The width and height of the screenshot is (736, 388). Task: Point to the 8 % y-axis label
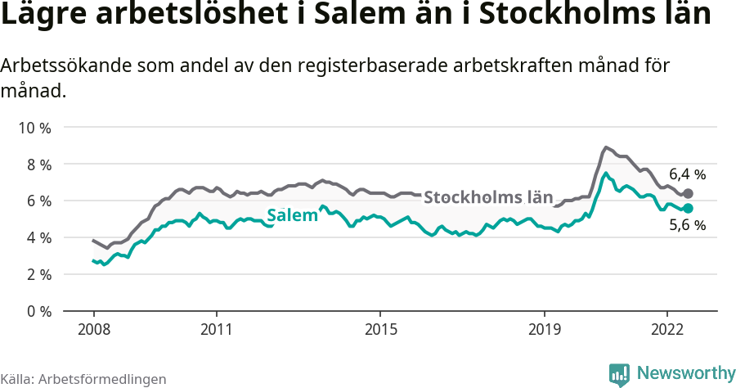coord(36,165)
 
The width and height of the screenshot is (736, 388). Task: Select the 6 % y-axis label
coord(36,201)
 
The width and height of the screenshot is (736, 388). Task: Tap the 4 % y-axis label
coord(36,238)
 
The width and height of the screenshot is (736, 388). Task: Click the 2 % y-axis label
coord(36,275)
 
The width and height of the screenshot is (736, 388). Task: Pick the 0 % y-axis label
coord(36,312)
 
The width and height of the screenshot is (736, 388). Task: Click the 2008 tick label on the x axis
coord(93,330)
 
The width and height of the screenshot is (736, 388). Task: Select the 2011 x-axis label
coord(216,330)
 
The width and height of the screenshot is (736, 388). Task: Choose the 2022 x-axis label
coord(666,330)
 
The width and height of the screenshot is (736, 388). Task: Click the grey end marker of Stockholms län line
coord(688,194)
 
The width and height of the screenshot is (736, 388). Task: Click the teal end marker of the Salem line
coord(688,209)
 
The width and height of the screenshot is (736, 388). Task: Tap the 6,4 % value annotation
coord(687,174)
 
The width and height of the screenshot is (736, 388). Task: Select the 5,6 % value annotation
coord(687,227)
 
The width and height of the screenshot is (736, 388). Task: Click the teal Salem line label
coord(292,216)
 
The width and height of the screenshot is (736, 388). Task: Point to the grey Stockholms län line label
coord(488,197)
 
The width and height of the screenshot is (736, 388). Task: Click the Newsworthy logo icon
coord(619,374)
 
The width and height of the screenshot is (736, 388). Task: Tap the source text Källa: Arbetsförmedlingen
coord(83,379)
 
